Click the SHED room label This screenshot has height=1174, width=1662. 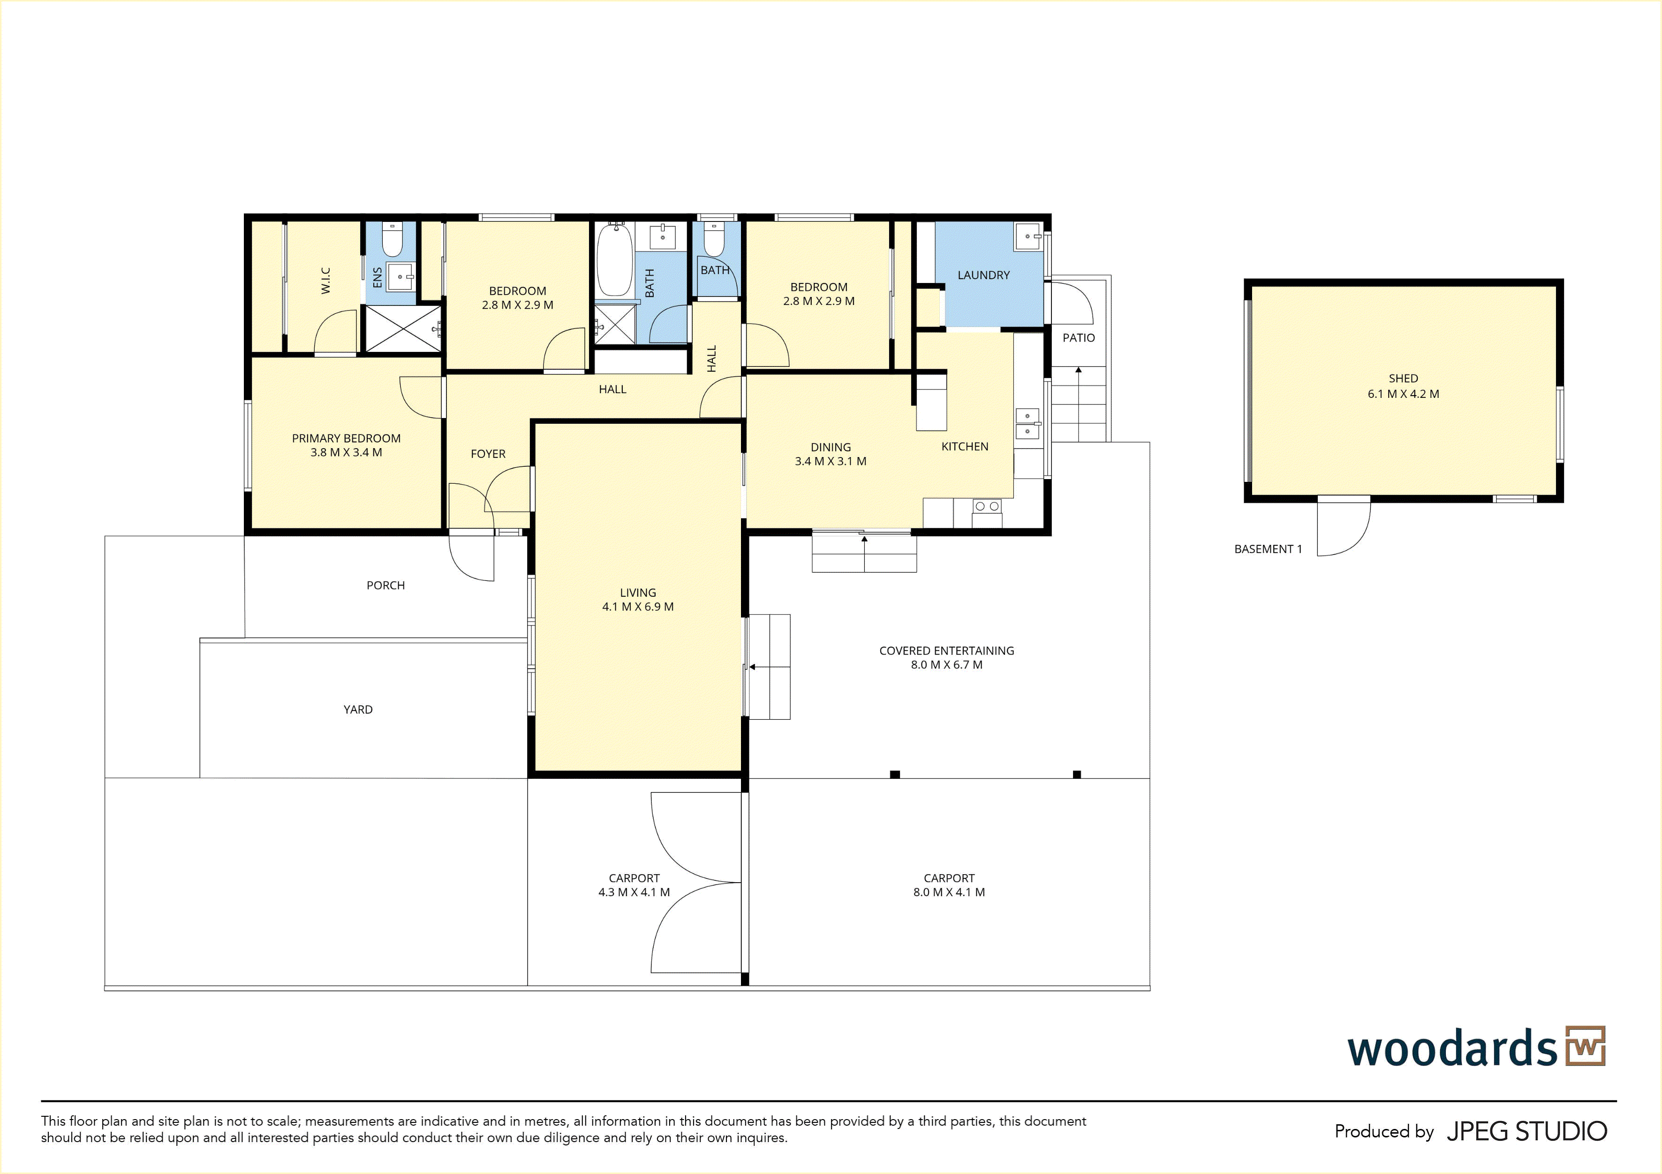[x=1403, y=378]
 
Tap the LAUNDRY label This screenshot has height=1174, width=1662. [x=983, y=275]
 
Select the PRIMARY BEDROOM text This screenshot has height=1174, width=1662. [x=346, y=438]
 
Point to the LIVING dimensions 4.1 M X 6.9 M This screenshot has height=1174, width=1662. [x=638, y=607]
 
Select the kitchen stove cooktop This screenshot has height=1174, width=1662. [x=987, y=506]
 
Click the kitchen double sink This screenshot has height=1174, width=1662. [x=1027, y=424]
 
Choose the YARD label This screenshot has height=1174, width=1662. [x=358, y=710]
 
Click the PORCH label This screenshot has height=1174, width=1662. [x=385, y=585]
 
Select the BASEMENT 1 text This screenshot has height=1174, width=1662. [x=1268, y=549]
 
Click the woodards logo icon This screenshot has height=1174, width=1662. [x=1585, y=1046]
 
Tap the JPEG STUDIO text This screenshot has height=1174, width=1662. [x=1526, y=1131]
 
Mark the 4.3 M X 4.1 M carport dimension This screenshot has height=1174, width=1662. [x=634, y=892]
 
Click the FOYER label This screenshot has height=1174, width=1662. [x=488, y=454]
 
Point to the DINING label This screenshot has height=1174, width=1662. [x=830, y=448]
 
